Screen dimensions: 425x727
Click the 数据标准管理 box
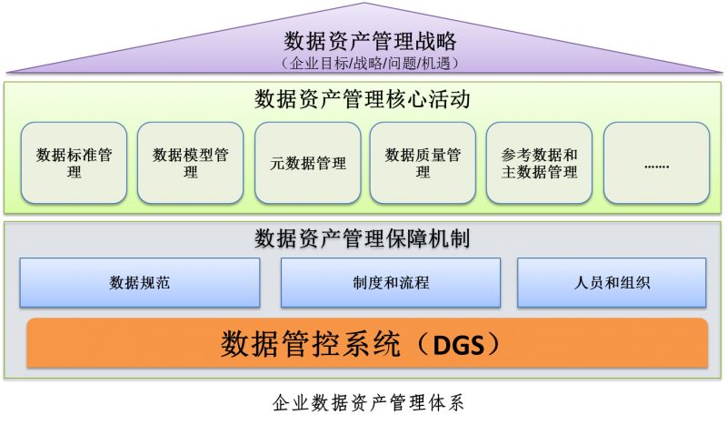tap(74, 163)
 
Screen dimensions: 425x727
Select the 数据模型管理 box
tap(190, 163)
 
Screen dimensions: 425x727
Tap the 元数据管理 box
tap(308, 163)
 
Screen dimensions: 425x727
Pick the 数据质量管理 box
tap(423, 163)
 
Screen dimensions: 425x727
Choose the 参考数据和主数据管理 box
tap(539, 163)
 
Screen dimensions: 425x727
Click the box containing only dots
tap(655, 163)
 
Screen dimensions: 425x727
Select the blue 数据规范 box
tap(139, 282)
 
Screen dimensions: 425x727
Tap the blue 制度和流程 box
tap(390, 282)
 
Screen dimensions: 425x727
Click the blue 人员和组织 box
tap(612, 282)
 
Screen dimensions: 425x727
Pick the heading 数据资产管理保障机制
tap(363, 238)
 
